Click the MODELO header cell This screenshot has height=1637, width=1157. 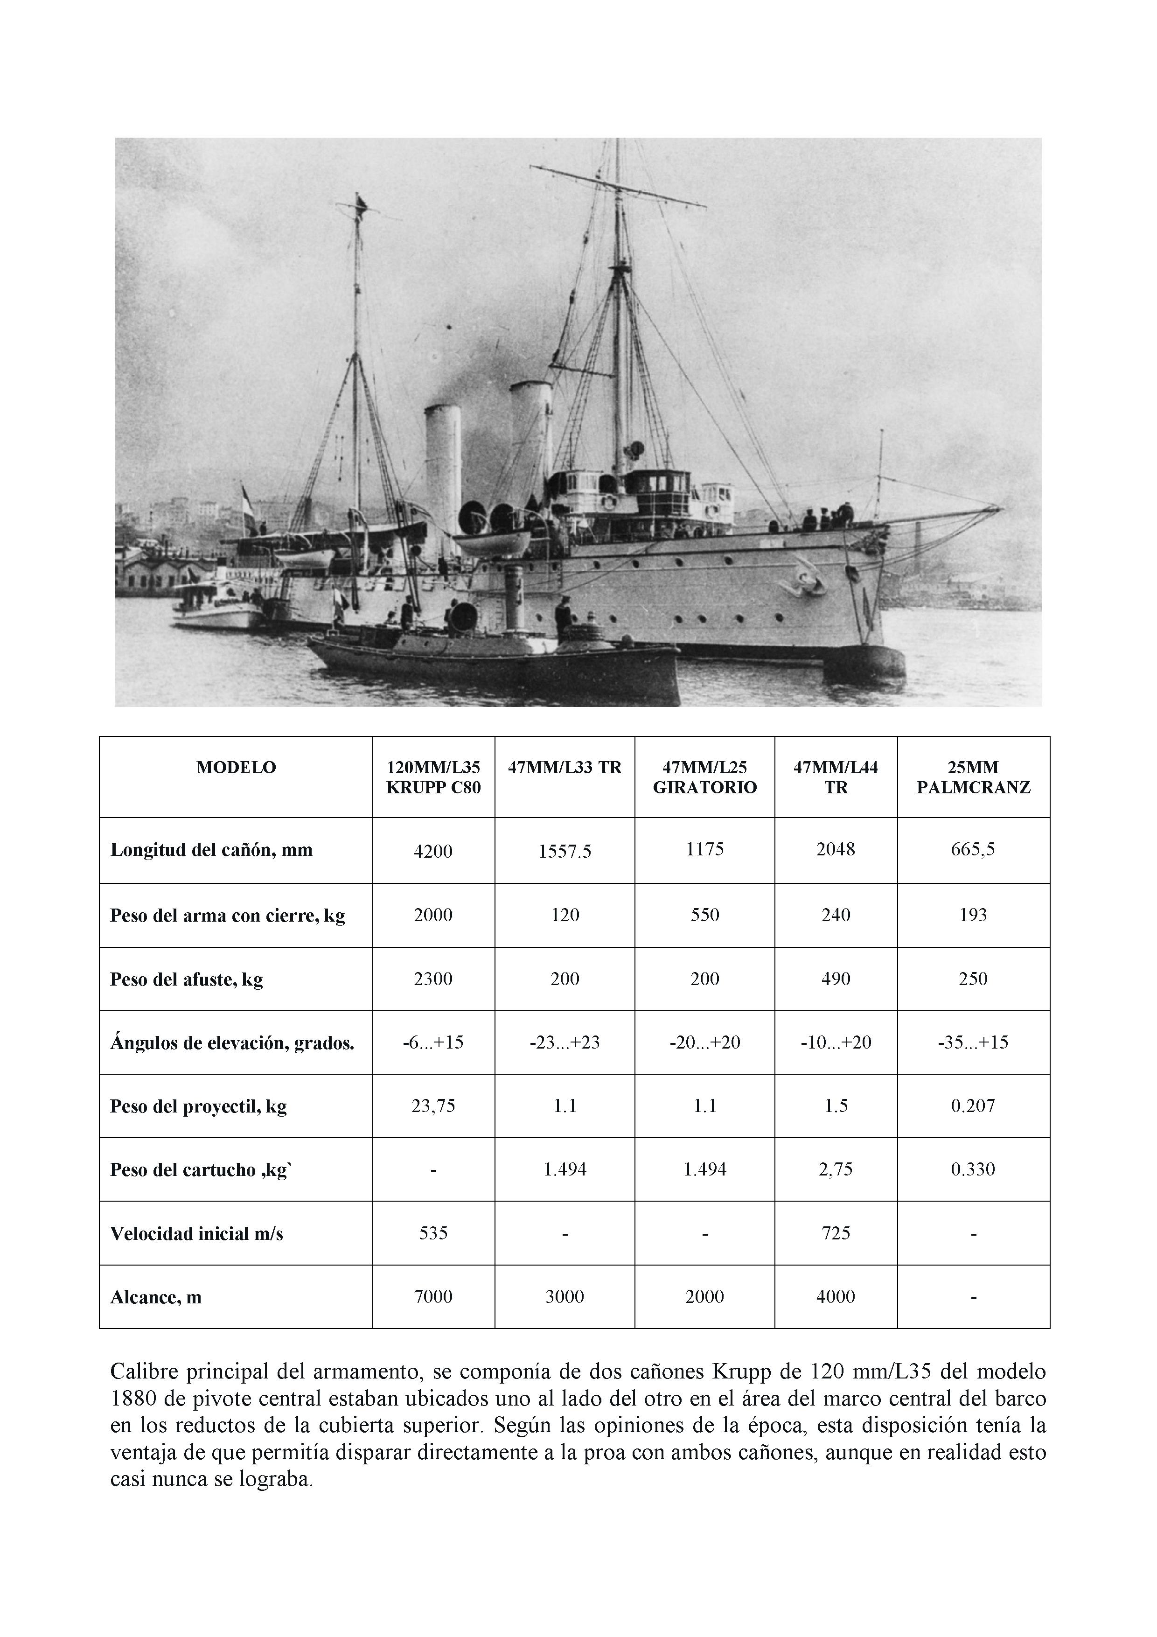coord(236,768)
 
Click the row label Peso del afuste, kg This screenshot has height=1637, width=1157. coord(187,979)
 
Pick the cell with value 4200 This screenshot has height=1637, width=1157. coord(433,851)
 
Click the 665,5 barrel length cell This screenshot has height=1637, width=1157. coord(973,849)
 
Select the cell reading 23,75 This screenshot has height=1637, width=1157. coord(433,1106)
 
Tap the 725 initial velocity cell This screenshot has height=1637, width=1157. coord(836,1233)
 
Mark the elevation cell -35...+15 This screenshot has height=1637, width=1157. coord(973,1042)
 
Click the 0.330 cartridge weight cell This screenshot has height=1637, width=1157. coord(973,1169)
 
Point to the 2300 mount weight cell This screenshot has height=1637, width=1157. coord(433,979)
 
